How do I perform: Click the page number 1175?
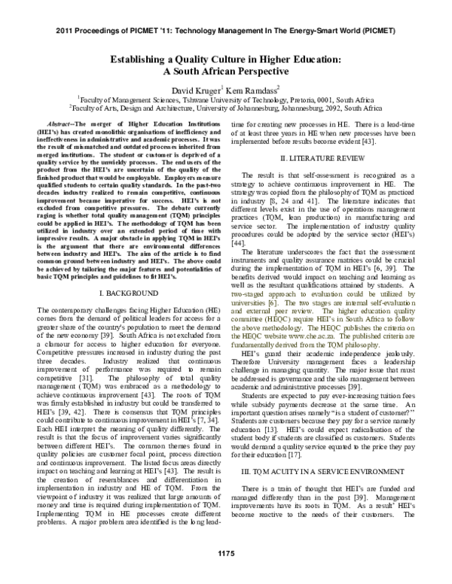226,575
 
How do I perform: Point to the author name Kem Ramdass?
255,92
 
